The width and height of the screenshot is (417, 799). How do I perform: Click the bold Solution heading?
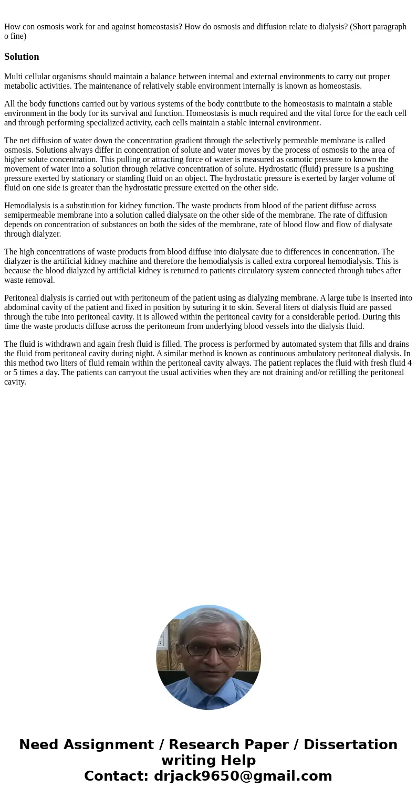(22, 57)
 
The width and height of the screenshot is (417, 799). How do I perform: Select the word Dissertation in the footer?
(350, 745)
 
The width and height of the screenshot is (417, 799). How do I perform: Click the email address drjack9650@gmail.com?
(243, 776)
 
